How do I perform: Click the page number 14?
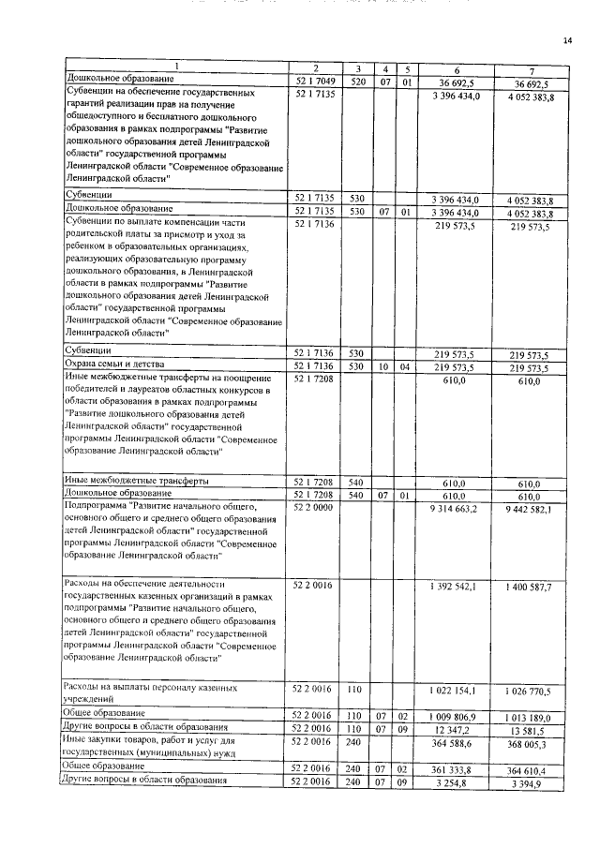[x=567, y=39]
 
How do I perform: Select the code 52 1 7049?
[x=315, y=82]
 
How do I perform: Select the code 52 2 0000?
[x=315, y=508]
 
